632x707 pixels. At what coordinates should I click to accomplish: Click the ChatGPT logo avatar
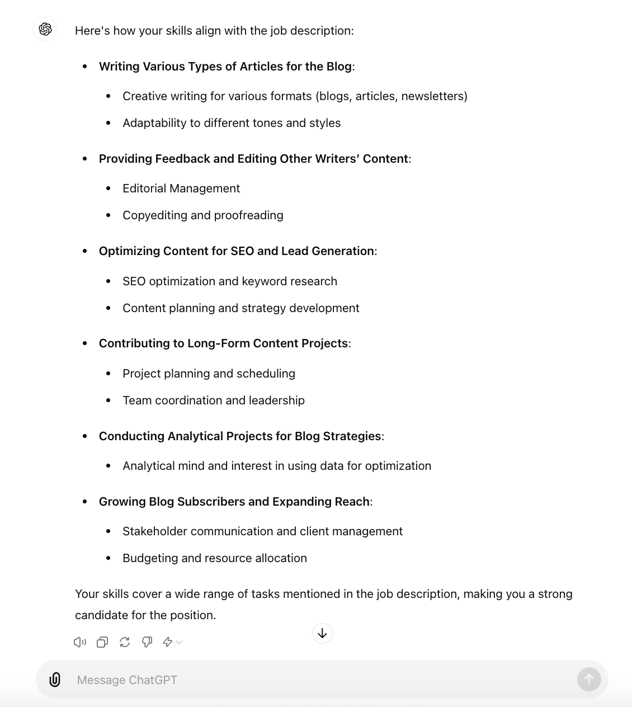[x=45, y=29]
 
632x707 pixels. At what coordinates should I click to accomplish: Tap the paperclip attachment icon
[x=55, y=680]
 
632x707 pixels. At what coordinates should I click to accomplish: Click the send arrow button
[x=589, y=680]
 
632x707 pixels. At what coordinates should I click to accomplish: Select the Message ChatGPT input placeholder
[x=127, y=680]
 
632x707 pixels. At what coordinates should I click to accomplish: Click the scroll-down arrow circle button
[x=322, y=633]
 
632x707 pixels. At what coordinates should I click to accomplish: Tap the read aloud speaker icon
[x=80, y=642]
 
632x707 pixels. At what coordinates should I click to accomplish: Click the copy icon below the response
[x=102, y=642]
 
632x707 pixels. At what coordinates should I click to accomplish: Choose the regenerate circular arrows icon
[x=125, y=642]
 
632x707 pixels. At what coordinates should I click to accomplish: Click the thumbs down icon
[x=147, y=642]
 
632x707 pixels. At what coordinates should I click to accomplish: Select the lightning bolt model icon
[x=167, y=642]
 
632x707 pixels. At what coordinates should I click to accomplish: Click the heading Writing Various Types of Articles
[x=225, y=67]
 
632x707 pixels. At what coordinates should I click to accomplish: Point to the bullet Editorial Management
[x=181, y=188]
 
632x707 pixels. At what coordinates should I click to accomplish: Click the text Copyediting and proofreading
[x=202, y=215]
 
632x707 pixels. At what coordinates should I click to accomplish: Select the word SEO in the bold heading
[x=242, y=251]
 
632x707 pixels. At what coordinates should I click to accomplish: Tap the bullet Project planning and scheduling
[x=209, y=374]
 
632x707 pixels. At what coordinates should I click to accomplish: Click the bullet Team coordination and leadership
[x=214, y=400]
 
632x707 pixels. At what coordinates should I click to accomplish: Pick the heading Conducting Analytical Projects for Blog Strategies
[x=240, y=436]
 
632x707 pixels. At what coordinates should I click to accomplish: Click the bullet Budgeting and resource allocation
[x=215, y=558]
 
